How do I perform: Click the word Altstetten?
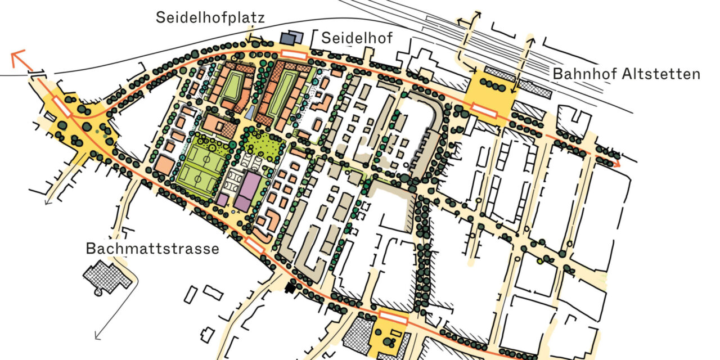pos(664,74)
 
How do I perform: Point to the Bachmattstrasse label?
pos(152,249)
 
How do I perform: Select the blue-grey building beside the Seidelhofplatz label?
pos(289,38)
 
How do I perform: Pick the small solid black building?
pos(290,288)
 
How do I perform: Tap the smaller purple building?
pos(222,199)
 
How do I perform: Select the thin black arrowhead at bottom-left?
pos(97,337)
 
